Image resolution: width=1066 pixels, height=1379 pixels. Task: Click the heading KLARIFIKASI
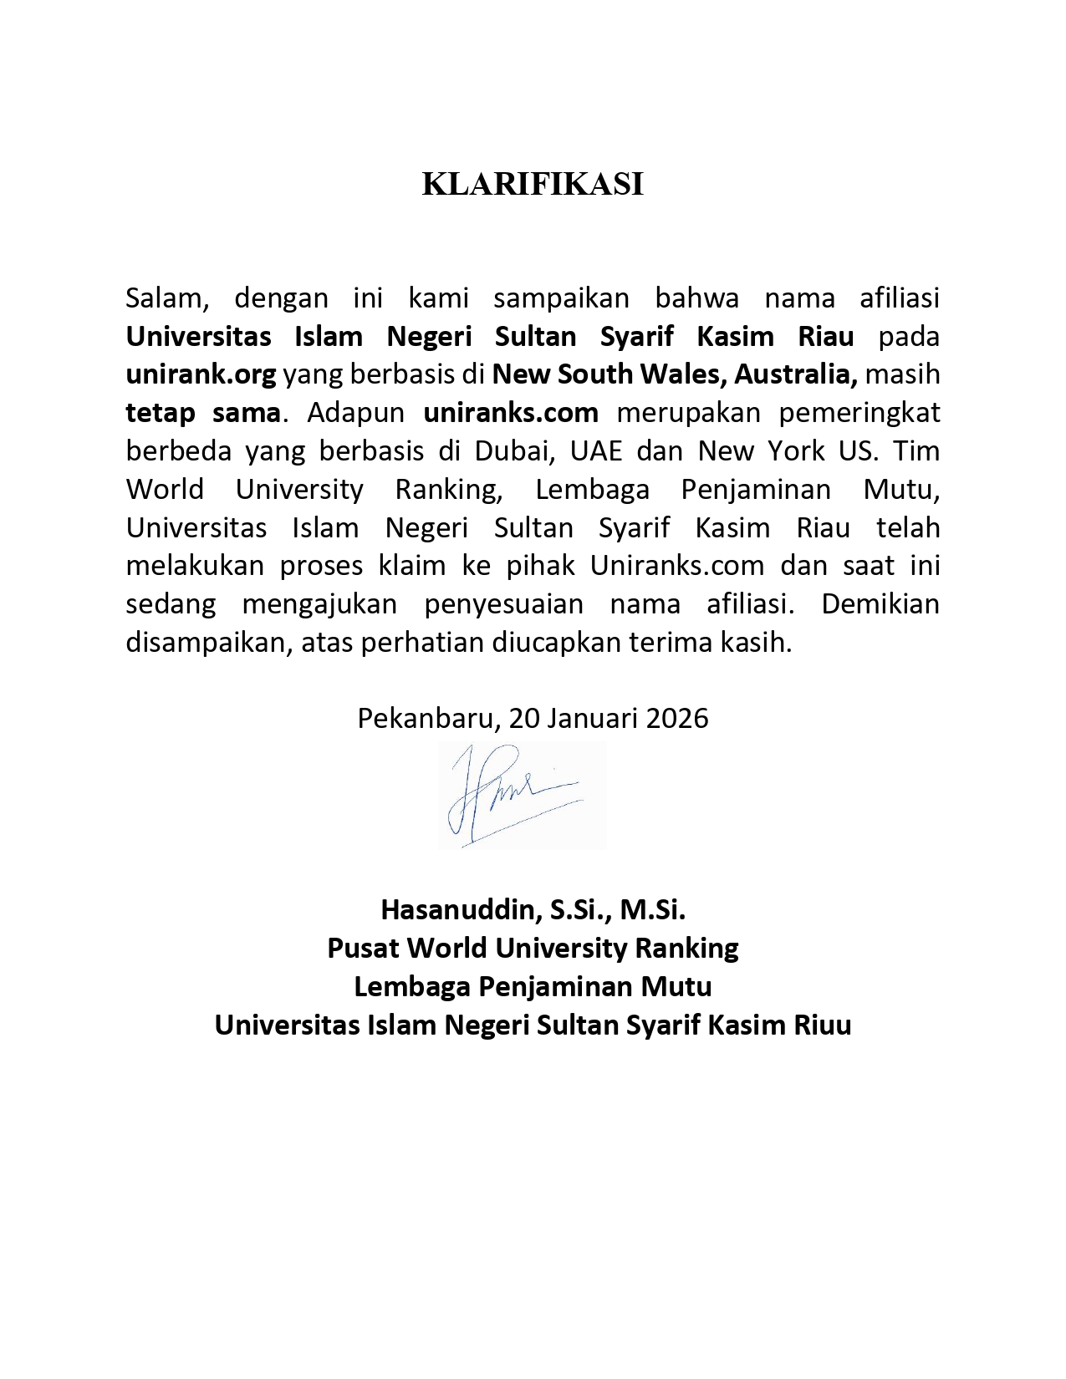[x=533, y=185]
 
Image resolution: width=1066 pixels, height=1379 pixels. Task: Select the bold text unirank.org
[x=201, y=374]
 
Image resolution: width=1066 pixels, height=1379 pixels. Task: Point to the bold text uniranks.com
[x=511, y=412]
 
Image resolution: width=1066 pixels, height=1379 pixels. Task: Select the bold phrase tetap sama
[x=202, y=412]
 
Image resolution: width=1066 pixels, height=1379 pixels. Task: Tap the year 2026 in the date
[x=677, y=718]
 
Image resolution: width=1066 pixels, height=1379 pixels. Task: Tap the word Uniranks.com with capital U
[x=676, y=566]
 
